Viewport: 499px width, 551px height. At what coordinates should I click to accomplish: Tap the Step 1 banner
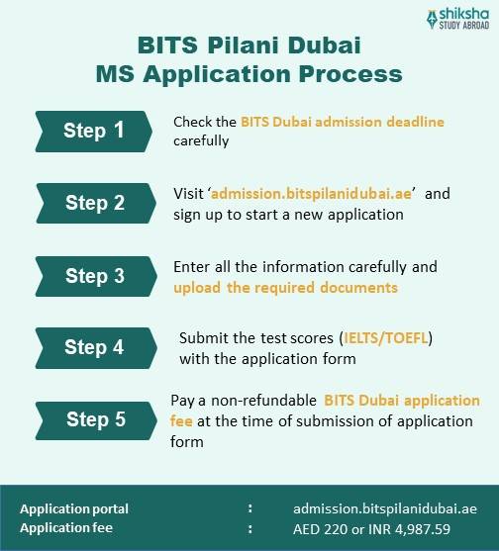tap(94, 130)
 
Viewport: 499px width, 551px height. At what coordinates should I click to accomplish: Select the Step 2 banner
tap(94, 203)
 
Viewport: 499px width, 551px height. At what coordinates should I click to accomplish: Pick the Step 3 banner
tap(94, 276)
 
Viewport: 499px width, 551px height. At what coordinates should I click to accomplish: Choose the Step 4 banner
tap(94, 347)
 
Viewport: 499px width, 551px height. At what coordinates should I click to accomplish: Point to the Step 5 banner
tap(94, 418)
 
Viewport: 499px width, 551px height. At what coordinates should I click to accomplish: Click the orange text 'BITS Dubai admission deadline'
tap(333, 122)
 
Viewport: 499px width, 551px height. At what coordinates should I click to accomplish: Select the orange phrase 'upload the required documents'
tap(285, 287)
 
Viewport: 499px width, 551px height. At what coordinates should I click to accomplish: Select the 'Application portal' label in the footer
tap(74, 508)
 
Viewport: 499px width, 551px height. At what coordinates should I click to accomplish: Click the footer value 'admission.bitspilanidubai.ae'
tap(384, 508)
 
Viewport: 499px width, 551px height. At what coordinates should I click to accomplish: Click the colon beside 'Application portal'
tap(249, 508)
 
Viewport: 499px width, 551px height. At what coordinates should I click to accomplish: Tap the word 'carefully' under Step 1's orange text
tap(201, 139)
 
